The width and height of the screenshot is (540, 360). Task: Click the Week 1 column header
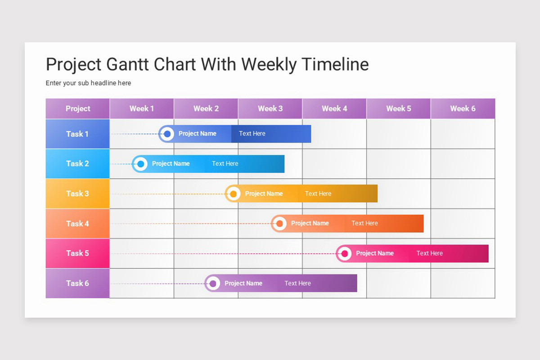[x=142, y=108]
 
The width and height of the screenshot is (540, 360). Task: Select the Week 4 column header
[x=334, y=108]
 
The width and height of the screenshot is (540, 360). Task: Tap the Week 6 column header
[x=463, y=108]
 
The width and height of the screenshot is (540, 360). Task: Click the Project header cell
[x=77, y=108]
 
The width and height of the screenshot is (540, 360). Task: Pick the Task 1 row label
[x=77, y=134]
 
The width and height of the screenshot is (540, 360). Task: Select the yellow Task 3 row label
[x=77, y=193]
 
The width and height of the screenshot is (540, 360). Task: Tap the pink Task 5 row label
[x=77, y=253]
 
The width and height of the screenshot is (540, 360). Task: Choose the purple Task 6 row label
[x=77, y=283]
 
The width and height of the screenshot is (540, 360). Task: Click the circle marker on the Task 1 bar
[x=167, y=134]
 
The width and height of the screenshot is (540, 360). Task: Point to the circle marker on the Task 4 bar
[x=280, y=223]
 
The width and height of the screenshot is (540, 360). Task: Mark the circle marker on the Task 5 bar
[x=345, y=253]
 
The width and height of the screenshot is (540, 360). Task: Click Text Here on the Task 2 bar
[x=225, y=164]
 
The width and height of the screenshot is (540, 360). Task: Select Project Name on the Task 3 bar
[x=264, y=193]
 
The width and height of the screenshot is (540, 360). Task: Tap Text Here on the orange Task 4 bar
[x=364, y=223]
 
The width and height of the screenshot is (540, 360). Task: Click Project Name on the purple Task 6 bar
[x=243, y=283]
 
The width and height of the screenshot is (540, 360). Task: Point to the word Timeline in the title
[x=335, y=64]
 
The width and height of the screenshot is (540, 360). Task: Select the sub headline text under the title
[x=88, y=83]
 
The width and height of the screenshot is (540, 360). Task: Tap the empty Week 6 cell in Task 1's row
[x=463, y=134]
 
